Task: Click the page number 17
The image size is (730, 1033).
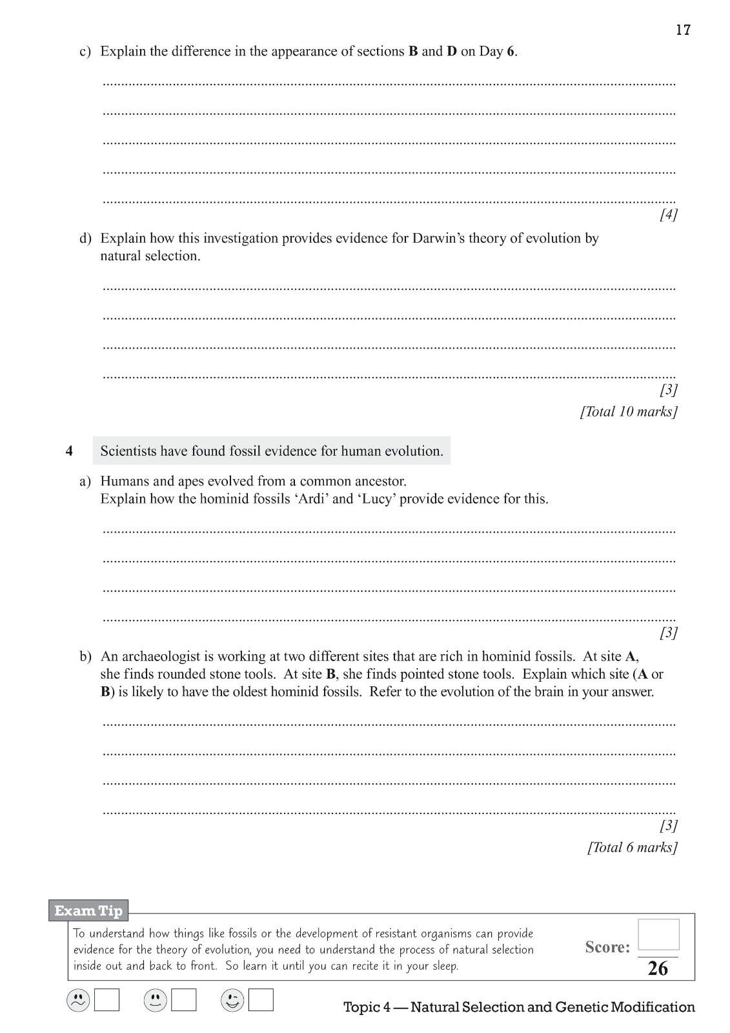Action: [683, 30]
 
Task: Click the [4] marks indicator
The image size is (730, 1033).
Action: [668, 215]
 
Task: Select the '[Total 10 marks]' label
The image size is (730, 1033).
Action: [628, 411]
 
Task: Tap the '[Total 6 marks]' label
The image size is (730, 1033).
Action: [632, 847]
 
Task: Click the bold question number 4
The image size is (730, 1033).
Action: [69, 451]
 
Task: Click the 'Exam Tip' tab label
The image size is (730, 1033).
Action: [88, 911]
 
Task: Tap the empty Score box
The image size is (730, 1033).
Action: [658, 934]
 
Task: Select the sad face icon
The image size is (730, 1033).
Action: [78, 1001]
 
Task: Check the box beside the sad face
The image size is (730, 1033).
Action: [107, 1001]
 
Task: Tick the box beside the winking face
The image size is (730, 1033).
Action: [261, 1001]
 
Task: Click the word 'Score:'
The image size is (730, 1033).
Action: [607, 947]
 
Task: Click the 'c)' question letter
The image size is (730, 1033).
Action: [85, 52]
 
